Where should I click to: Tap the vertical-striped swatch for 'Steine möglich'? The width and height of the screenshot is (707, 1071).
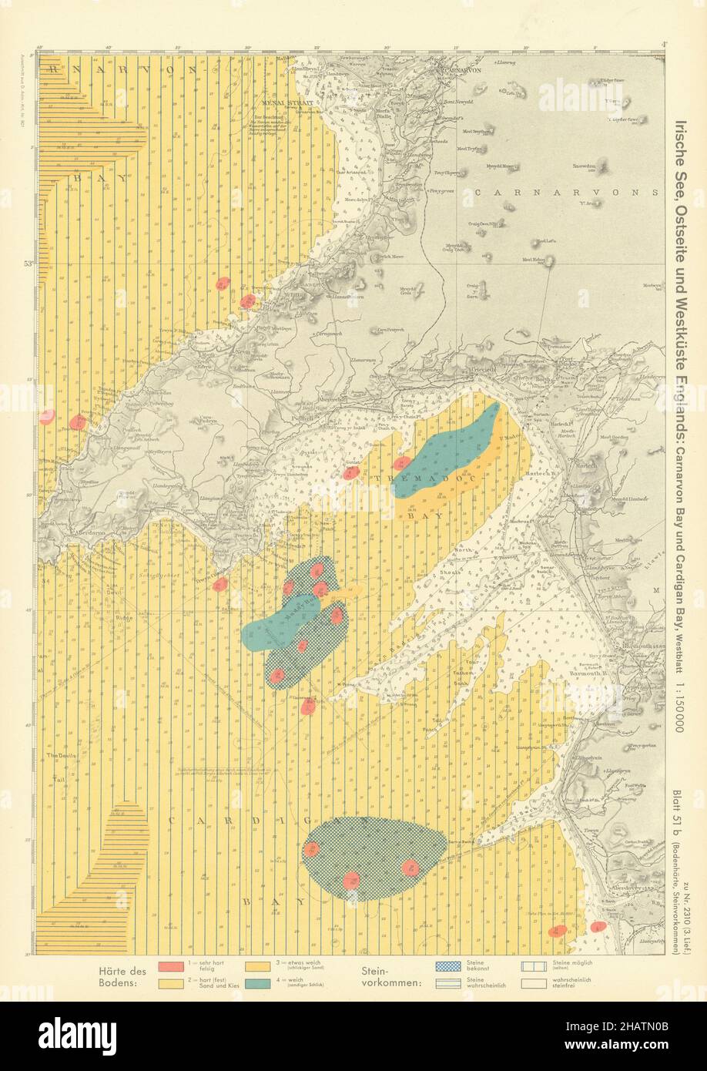pyautogui.click(x=534, y=965)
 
